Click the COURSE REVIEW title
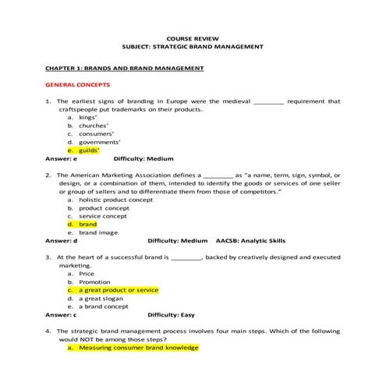[193, 37]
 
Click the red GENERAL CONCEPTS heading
[78, 83]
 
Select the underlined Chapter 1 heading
[124, 68]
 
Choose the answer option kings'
[89, 117]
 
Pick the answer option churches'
[94, 126]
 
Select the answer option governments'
[100, 142]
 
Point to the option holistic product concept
[116, 200]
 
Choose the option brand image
[98, 232]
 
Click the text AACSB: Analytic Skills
[256, 241]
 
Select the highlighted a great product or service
[118, 289]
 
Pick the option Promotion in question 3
[94, 282]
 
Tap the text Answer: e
[62, 158]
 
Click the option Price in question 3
[87, 274]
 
